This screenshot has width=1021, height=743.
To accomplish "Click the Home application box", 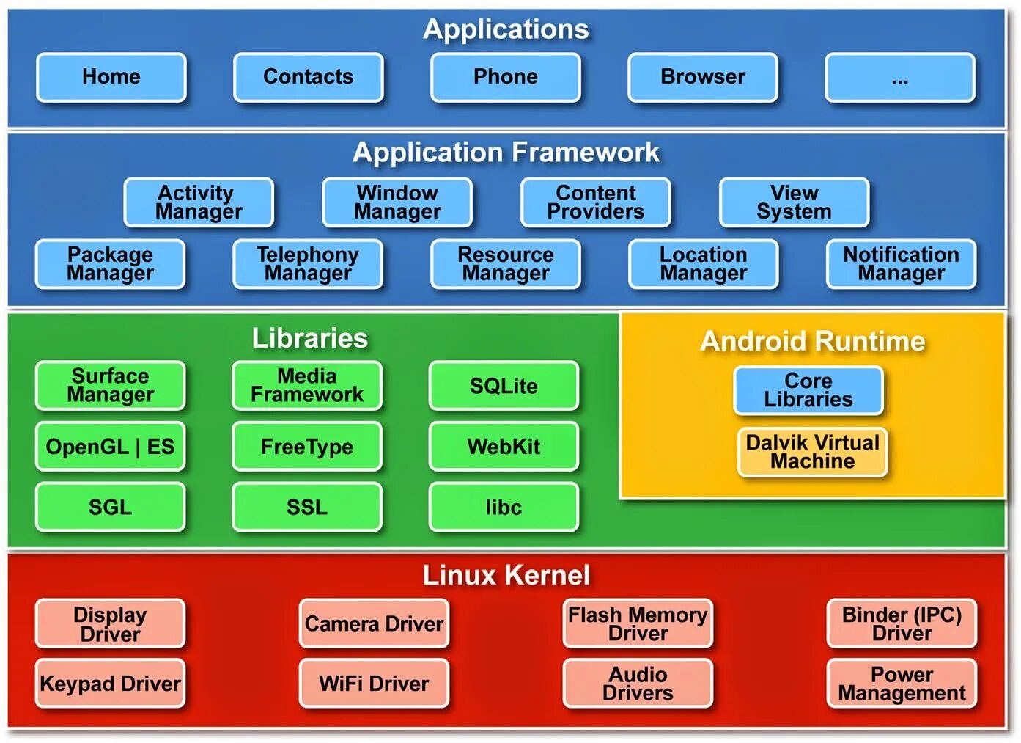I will (111, 77).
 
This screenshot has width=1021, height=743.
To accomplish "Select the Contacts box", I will (309, 77).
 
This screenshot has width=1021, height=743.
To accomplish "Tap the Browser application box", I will (703, 77).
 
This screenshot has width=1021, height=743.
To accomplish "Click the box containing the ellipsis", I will (900, 77).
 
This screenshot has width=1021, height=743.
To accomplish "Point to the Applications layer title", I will (506, 29).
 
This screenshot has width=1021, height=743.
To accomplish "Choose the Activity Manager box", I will (199, 202).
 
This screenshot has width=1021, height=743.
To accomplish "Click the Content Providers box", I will (596, 202).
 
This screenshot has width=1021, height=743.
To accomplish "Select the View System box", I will (795, 202).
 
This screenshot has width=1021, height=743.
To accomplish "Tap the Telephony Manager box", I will (308, 264).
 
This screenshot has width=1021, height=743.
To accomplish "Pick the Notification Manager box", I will (902, 264).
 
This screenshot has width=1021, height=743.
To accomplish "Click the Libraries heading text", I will (310, 338).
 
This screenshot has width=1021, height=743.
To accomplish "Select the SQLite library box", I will (504, 386).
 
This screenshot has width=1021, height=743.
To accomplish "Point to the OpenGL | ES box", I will (110, 447).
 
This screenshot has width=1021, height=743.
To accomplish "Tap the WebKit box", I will (504, 447).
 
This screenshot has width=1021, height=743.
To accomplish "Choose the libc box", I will (504, 508).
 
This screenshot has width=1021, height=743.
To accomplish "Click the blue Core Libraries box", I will (808, 390).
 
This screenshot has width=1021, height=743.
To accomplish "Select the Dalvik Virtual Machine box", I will (813, 452).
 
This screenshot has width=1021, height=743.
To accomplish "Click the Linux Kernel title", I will (506, 575).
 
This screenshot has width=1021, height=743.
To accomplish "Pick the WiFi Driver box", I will (374, 684).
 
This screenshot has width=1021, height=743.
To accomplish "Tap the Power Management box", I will (902, 684).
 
